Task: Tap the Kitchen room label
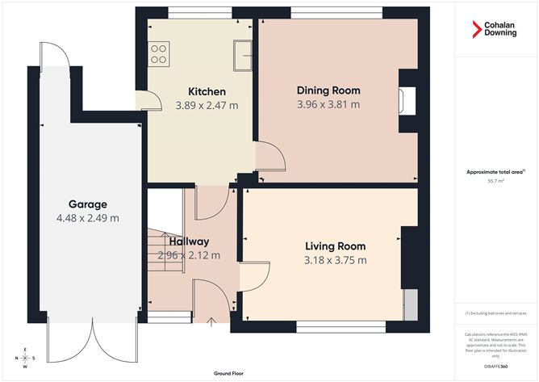pos(207,91)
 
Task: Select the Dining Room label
pos(328,90)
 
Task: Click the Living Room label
pos(335,246)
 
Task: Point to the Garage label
pos(87,204)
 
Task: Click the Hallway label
pos(189,241)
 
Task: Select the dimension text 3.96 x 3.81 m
pos(328,104)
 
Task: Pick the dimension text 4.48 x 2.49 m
pos(87,218)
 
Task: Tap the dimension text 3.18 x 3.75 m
pos(336,260)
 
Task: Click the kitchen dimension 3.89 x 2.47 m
pos(207,105)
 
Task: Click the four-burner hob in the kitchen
pos(160,53)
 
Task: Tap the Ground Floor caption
pos(229,374)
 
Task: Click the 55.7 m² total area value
pos(495,182)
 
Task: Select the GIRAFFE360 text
pos(495,367)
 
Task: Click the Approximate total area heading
pos(494,171)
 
